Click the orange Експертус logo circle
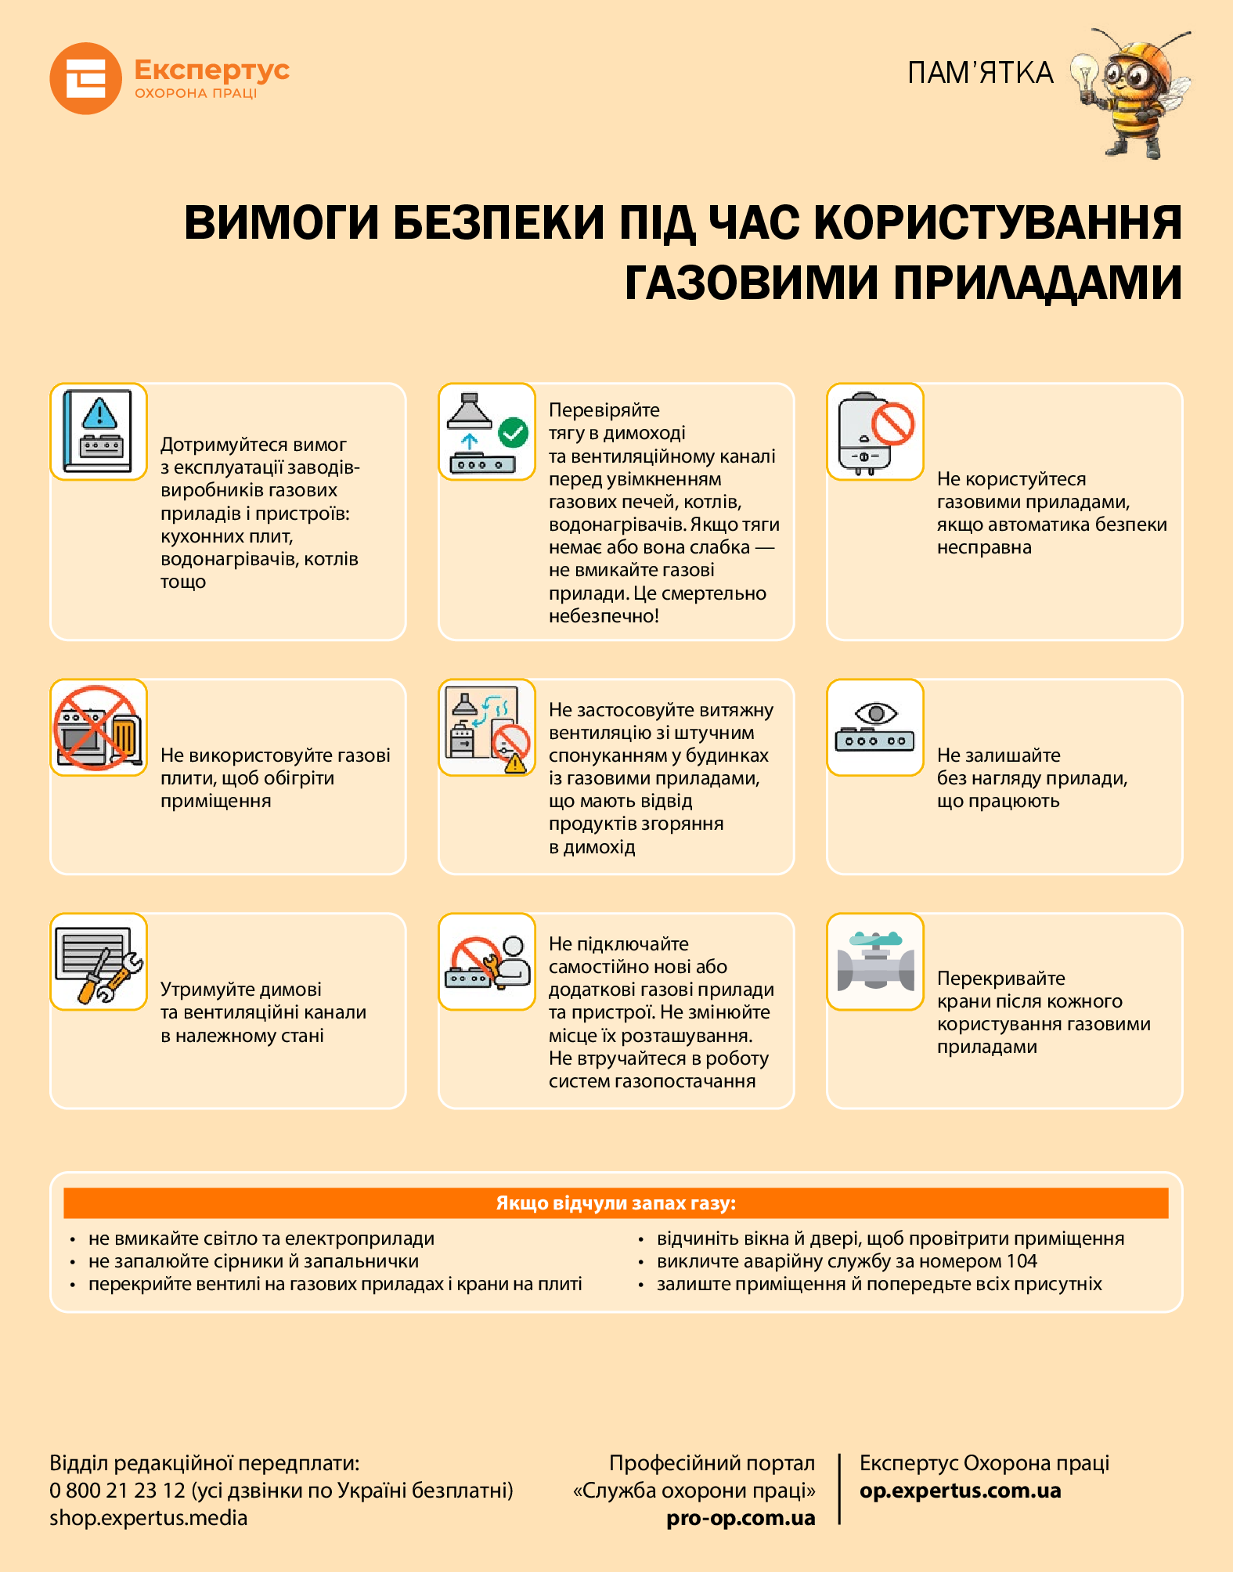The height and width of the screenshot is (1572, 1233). (x=85, y=78)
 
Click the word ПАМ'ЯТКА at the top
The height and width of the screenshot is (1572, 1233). (x=980, y=73)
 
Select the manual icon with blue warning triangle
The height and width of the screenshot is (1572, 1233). (x=99, y=431)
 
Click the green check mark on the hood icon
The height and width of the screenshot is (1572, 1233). (x=514, y=431)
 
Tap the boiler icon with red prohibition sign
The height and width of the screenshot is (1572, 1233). (x=875, y=431)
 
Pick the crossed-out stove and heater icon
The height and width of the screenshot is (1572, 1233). (x=99, y=727)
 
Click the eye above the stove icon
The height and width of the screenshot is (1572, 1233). (x=876, y=713)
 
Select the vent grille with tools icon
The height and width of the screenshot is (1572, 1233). (x=99, y=961)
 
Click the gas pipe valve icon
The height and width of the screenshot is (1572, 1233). (x=875, y=961)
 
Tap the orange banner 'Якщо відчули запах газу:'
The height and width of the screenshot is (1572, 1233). (x=615, y=1203)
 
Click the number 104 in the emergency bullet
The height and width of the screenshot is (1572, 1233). (x=1022, y=1261)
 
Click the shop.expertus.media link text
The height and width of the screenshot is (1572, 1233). (x=149, y=1518)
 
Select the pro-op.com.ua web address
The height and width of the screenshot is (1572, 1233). (x=741, y=1519)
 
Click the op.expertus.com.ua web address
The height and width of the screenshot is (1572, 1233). (x=960, y=1491)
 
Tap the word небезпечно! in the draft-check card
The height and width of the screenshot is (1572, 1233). (x=604, y=616)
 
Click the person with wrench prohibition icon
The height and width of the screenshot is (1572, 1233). (x=487, y=961)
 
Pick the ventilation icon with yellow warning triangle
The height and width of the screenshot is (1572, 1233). (x=487, y=727)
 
